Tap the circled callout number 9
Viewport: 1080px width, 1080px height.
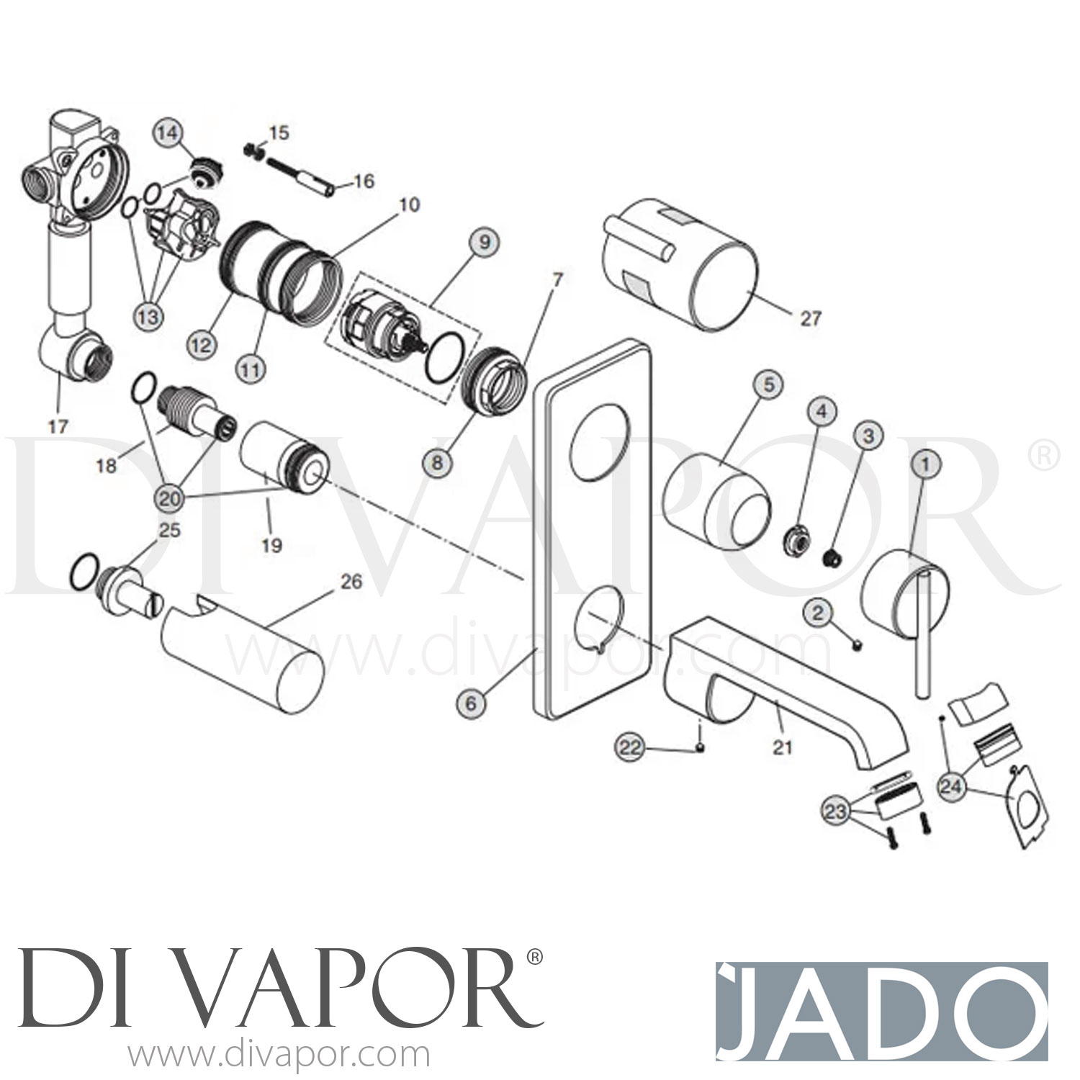[484, 242]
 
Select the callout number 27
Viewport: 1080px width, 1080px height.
[810, 318]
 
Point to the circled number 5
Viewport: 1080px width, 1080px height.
[768, 385]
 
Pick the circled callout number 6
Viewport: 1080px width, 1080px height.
[471, 703]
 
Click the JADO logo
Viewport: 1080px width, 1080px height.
[881, 1004]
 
